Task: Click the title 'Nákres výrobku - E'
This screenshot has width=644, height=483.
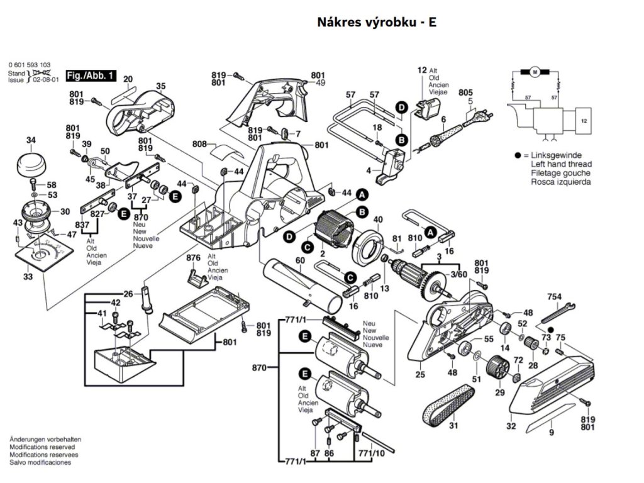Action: pos(377,22)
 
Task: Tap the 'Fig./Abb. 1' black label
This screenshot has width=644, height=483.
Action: pos(91,75)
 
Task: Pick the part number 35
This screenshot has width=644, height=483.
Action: pos(161,86)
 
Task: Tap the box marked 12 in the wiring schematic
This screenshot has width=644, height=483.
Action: pos(584,119)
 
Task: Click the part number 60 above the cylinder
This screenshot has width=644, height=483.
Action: pos(300,260)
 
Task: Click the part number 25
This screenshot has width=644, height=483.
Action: pos(420,375)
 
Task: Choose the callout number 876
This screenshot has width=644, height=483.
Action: pos(193,258)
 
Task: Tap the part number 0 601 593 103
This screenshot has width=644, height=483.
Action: pos(30,65)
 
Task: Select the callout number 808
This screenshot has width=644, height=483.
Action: pos(199,144)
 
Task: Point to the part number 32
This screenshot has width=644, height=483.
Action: pos(511,426)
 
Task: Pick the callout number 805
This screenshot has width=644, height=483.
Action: pos(465,91)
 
